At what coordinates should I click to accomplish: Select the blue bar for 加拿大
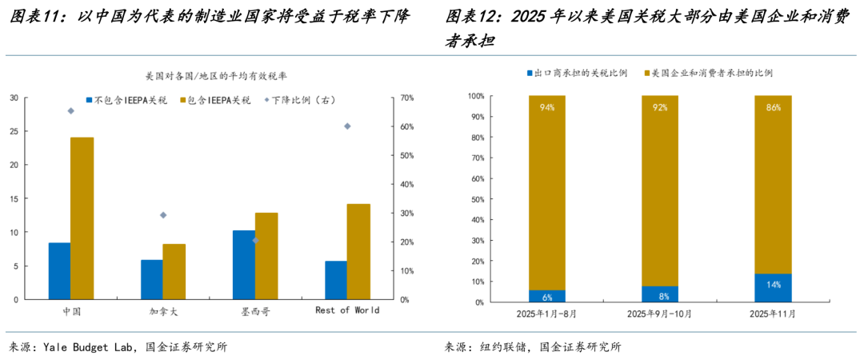pos(151,279)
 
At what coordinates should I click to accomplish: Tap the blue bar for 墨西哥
pos(243,264)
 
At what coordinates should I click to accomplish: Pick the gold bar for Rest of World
pos(358,251)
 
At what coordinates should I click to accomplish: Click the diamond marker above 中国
pos(70,111)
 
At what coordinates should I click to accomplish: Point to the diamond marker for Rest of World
pos(347,126)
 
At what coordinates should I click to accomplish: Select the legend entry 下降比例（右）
pos(302,100)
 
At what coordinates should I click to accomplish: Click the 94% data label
pos(547,107)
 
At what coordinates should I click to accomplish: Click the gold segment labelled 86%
pos(773,184)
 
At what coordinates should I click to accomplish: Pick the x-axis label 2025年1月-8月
pos(547,314)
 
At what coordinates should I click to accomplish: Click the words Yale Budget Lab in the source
pos(90,347)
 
